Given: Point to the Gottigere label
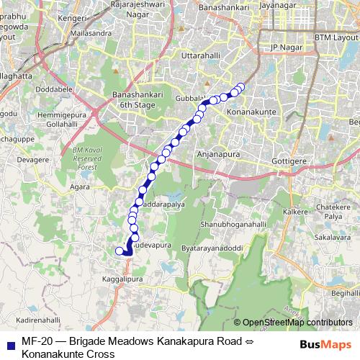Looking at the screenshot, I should click(292, 161).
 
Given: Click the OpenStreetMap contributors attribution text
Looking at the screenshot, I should click(297, 323).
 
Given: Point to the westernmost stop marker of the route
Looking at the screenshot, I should click(120, 251).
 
